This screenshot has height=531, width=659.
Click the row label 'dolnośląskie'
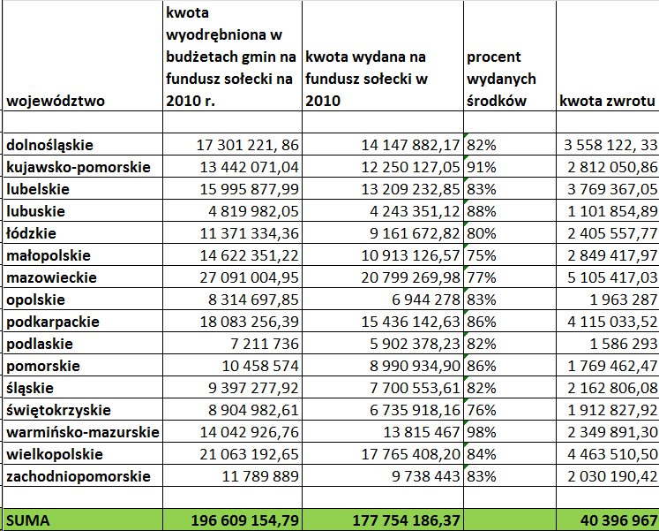click(50, 144)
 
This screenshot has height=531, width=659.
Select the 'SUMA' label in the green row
click(28, 520)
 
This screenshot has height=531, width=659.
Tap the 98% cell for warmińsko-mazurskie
click(482, 432)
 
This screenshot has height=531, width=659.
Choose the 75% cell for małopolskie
click(482, 255)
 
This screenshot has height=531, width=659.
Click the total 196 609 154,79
click(245, 520)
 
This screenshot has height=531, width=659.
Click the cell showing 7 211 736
click(266, 344)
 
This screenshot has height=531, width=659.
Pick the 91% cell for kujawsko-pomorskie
click(482, 166)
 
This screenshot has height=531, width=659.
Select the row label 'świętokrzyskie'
click(58, 410)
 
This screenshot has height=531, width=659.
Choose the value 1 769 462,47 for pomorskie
click(610, 366)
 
